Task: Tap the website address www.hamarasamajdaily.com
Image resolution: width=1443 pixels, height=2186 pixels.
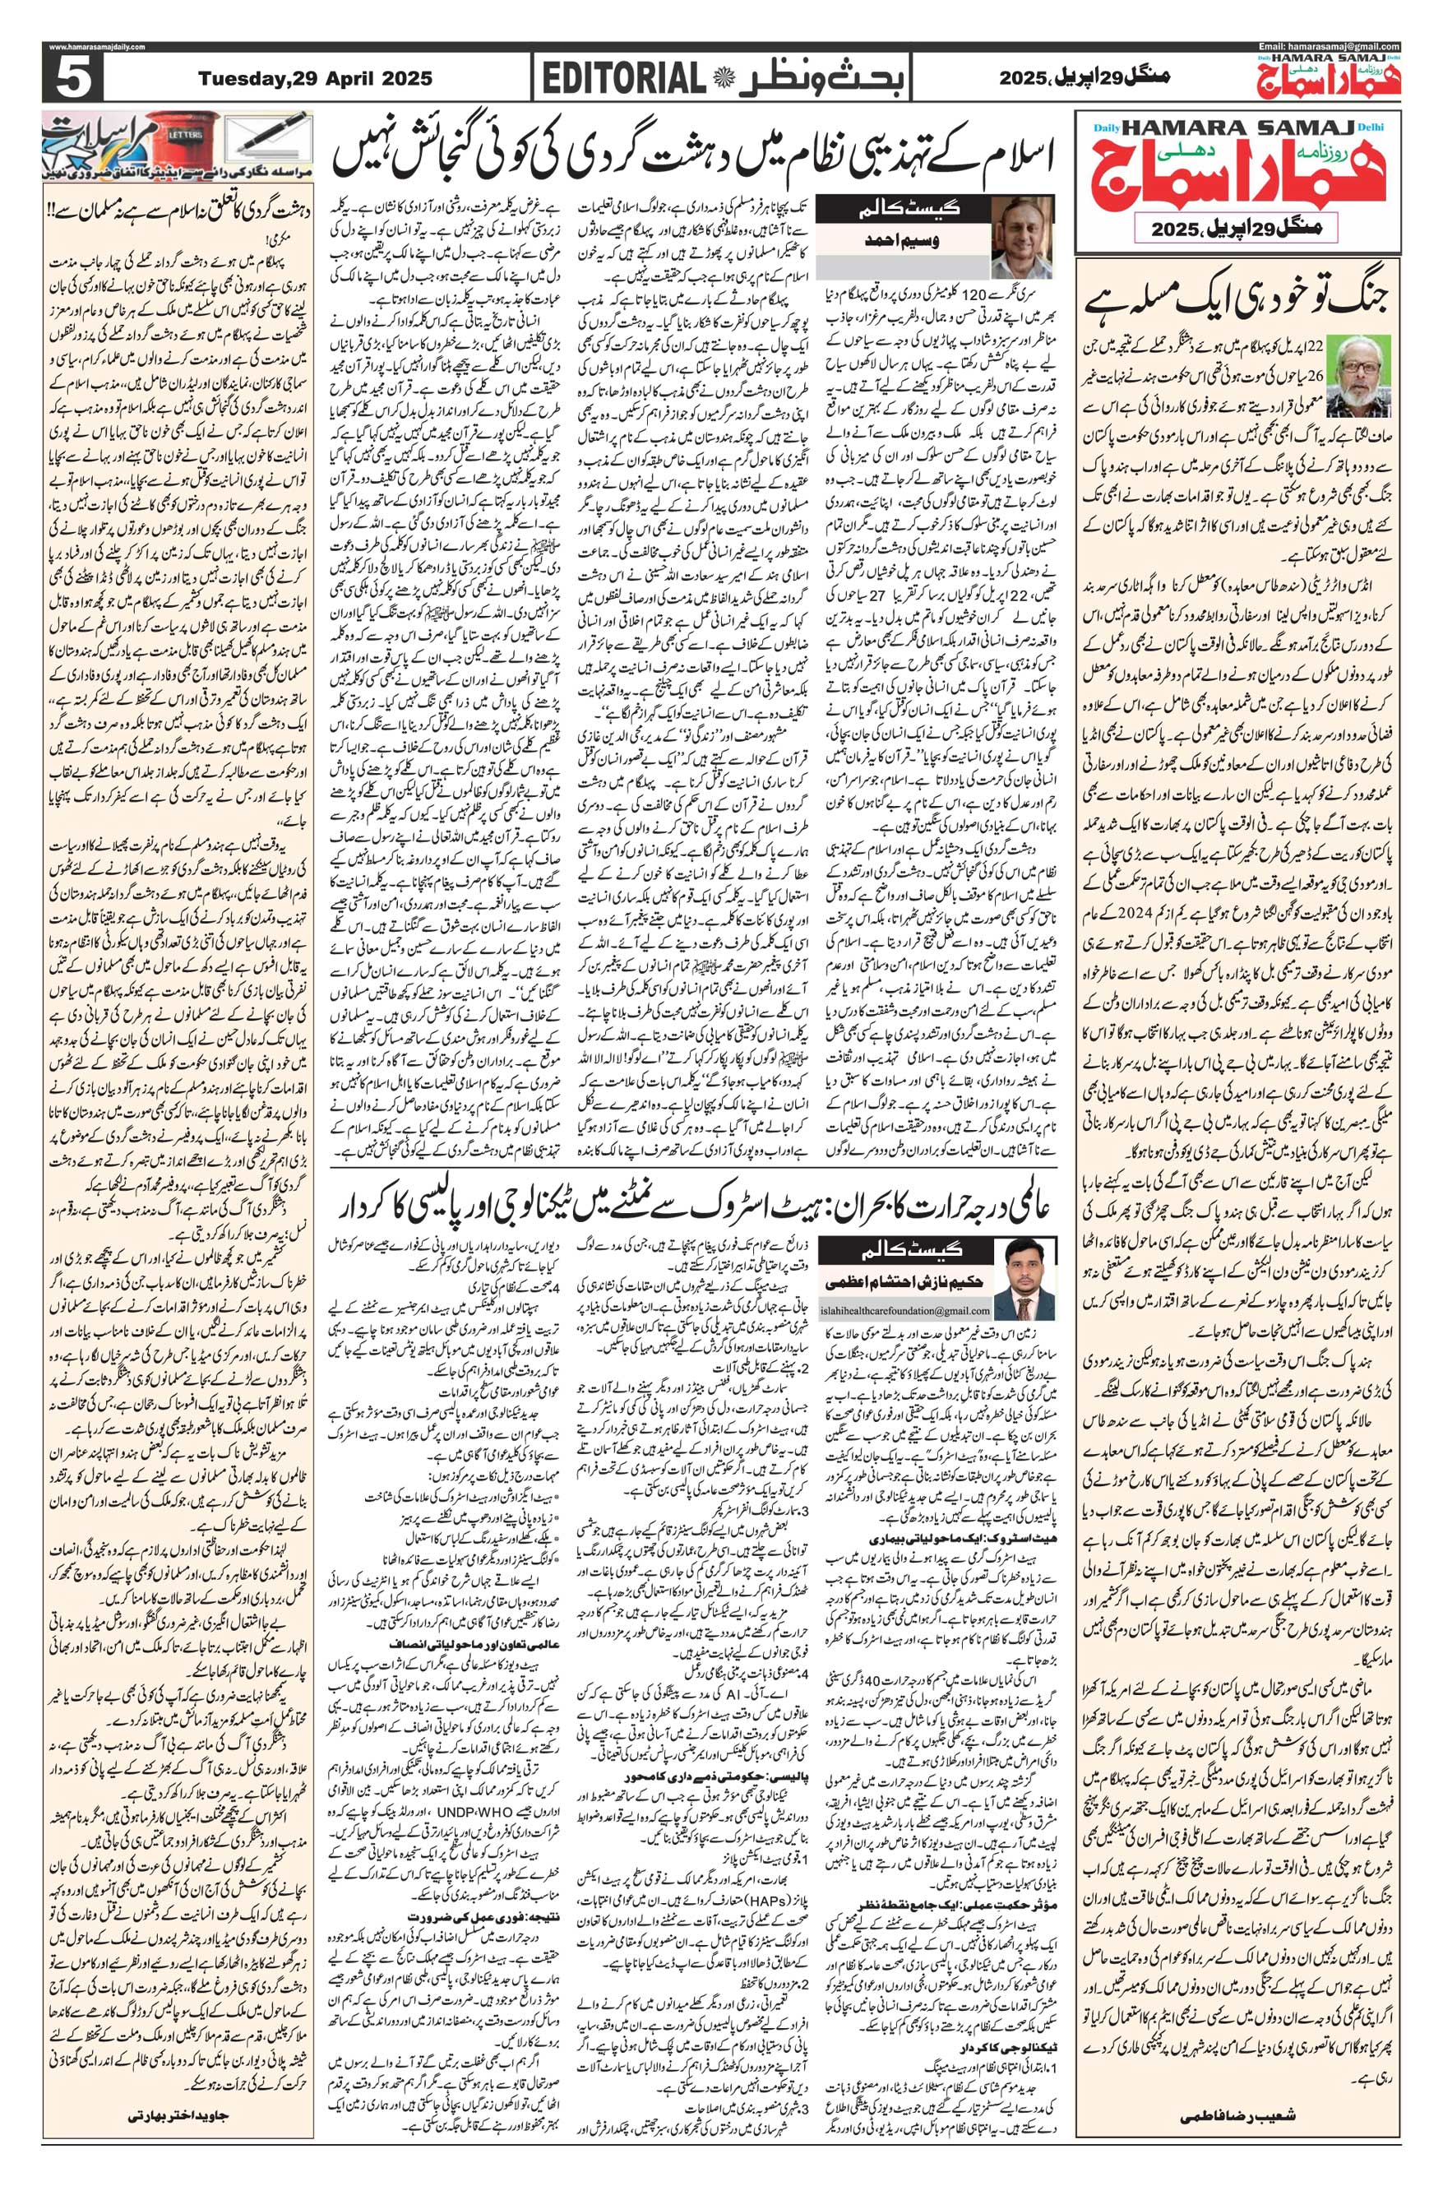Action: click(95, 48)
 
